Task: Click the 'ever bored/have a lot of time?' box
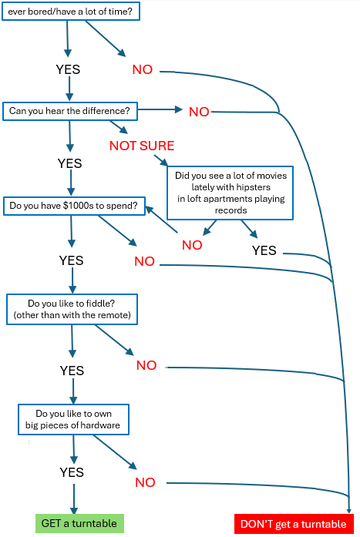tap(71, 12)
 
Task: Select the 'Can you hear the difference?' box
tap(70, 111)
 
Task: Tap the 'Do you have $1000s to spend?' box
tap(74, 206)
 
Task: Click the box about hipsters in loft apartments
tap(230, 193)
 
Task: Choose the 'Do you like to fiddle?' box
tap(72, 309)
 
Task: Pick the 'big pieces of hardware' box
tap(74, 420)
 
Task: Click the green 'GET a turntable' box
tap(79, 523)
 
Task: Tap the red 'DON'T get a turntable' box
tap(294, 524)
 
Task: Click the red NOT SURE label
tap(142, 146)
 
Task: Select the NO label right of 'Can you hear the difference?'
tap(199, 112)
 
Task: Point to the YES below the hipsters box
tap(264, 250)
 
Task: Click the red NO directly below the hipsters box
tap(192, 245)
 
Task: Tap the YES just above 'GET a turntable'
tap(72, 472)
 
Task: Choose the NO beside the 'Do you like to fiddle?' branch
tap(146, 365)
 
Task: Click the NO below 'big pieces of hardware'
tap(145, 482)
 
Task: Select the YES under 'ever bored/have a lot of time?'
tap(68, 69)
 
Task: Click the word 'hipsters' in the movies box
tap(254, 187)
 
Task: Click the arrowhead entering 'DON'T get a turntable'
tap(349, 510)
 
